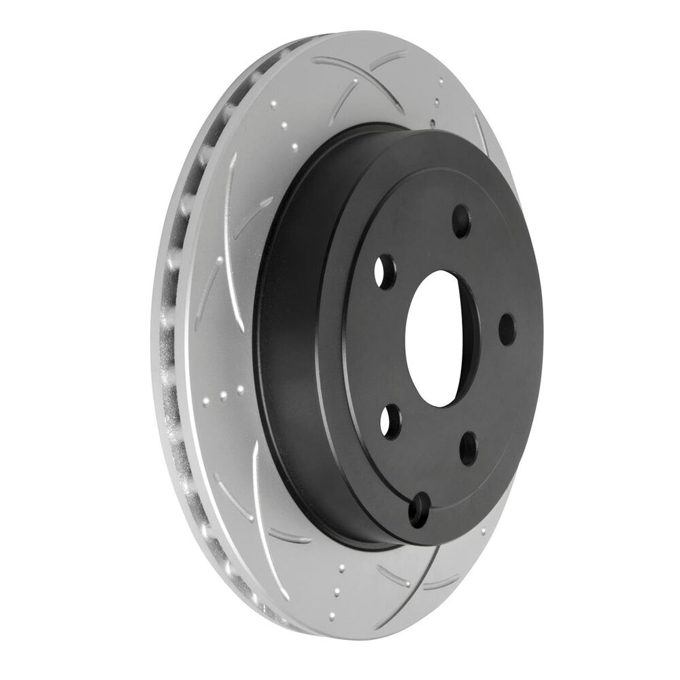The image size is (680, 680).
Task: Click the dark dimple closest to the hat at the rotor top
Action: tap(433, 123)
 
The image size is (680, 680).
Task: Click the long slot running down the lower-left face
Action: tap(259, 503)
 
